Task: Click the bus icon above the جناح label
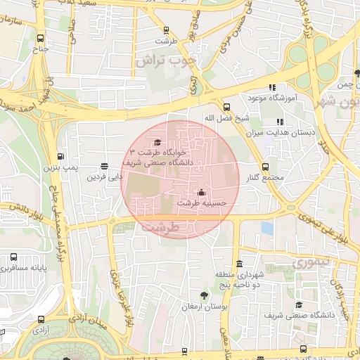point(40,39)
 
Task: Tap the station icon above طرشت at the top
point(166,30)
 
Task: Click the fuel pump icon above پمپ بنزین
point(61,157)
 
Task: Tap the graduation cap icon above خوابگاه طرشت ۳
point(157,141)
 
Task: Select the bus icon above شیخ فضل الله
point(226,108)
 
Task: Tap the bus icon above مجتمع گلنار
point(265,167)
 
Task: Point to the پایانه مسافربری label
point(24,269)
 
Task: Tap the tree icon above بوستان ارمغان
point(204,295)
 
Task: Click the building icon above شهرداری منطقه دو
point(239,264)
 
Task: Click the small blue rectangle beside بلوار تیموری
point(266,228)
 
